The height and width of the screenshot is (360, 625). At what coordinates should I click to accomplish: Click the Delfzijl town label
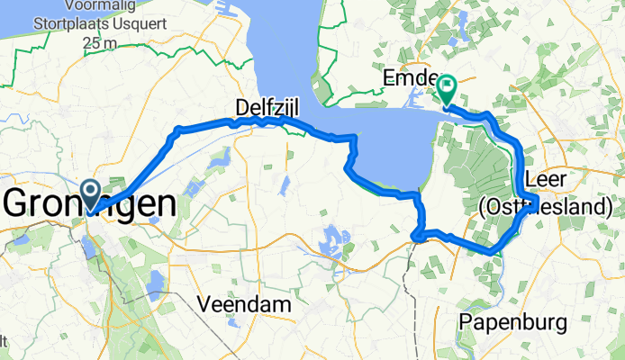pos(267,107)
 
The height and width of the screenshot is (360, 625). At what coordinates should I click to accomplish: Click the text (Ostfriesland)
pos(547,208)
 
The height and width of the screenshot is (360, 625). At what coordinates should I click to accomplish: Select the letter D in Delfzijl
pos(241,107)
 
